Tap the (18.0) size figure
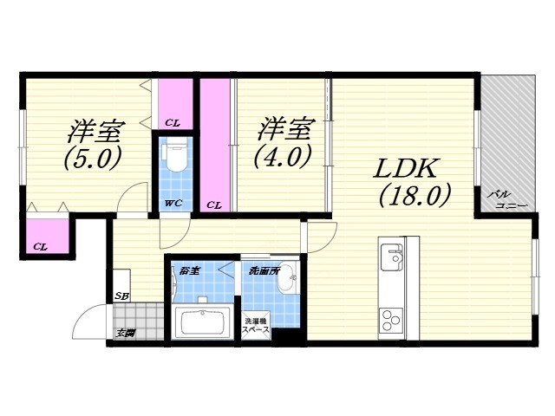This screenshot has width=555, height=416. (x=414, y=197)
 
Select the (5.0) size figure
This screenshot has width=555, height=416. (x=91, y=159)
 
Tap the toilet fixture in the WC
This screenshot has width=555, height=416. (x=175, y=156)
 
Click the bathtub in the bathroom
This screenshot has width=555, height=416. (x=203, y=322)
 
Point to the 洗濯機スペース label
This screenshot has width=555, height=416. (x=257, y=326)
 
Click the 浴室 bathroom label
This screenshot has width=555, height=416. (x=189, y=270)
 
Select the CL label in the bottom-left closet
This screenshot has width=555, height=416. (x=40, y=247)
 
